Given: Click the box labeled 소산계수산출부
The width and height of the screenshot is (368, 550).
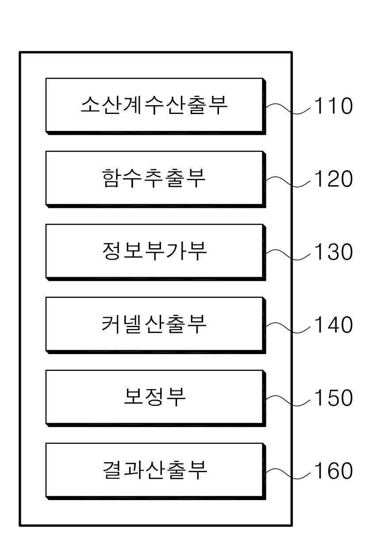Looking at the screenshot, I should click(x=155, y=106).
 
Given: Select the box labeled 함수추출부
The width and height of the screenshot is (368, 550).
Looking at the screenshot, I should click(x=155, y=179).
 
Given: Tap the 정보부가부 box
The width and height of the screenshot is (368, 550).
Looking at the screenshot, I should click(x=155, y=252).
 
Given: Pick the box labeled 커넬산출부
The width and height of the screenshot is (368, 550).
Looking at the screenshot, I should click(x=155, y=325).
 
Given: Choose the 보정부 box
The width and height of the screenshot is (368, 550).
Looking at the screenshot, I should click(x=155, y=397).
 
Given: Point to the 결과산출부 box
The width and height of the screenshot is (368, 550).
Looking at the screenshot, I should click(x=155, y=470).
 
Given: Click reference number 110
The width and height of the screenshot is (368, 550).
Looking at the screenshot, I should click(x=333, y=107).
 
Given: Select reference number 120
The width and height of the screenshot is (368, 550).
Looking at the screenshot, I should click(x=333, y=180).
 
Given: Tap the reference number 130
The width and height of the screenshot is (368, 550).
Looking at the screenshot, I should click(x=333, y=252).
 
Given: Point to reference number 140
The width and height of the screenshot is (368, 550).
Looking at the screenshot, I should click(x=333, y=325).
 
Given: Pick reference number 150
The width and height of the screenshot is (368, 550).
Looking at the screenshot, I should click(x=333, y=398).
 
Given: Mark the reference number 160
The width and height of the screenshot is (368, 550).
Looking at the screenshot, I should click(x=333, y=471).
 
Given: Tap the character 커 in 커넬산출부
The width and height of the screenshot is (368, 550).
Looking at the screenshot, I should click(x=111, y=325).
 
